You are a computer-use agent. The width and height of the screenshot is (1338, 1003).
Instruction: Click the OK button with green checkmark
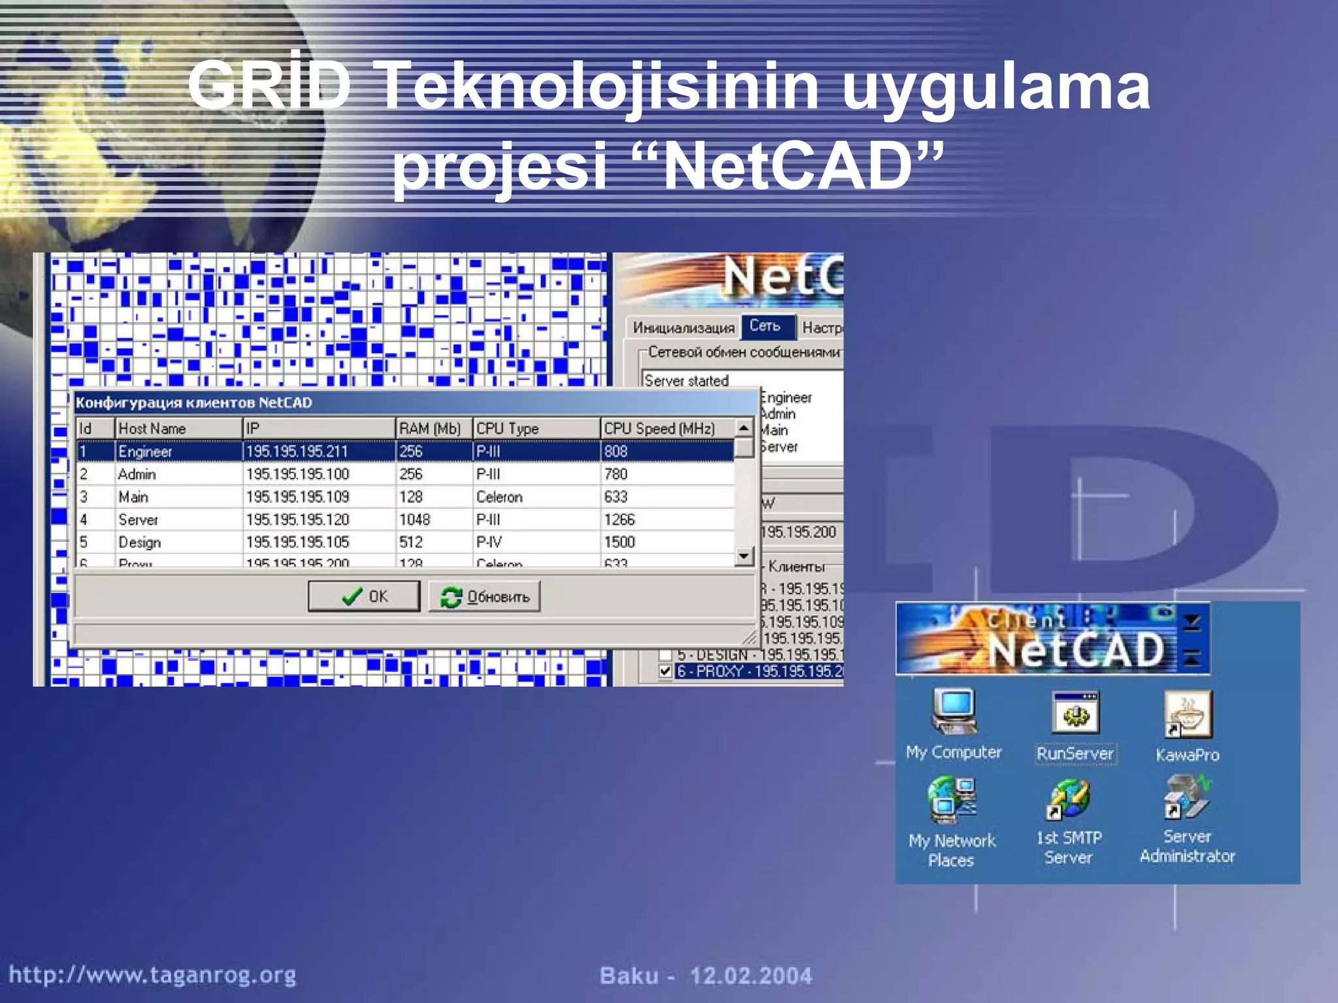(364, 596)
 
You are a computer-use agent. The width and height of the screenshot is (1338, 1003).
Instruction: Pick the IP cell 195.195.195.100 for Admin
(297, 474)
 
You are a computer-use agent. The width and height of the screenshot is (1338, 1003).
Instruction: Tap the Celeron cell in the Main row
(499, 497)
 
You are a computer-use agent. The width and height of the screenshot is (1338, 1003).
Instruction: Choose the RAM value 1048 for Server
(415, 520)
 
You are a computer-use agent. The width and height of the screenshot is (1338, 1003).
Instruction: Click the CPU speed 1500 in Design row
(619, 542)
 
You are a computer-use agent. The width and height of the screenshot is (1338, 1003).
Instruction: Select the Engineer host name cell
(145, 451)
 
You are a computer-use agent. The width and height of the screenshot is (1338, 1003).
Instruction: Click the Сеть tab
(765, 326)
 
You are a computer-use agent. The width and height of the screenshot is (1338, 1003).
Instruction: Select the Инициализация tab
(683, 328)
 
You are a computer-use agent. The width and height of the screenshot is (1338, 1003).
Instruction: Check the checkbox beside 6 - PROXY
(665, 671)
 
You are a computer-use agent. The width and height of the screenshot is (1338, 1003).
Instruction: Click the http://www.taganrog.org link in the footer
(152, 975)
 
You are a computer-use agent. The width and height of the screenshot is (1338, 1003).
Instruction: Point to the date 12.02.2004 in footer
(751, 976)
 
